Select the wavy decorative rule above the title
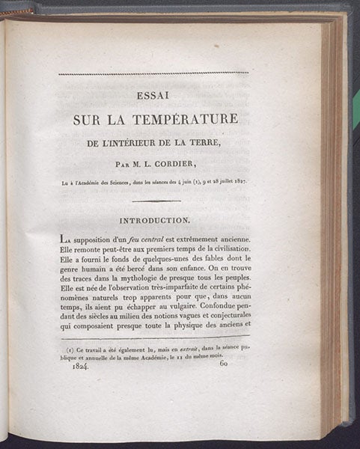(153, 73)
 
